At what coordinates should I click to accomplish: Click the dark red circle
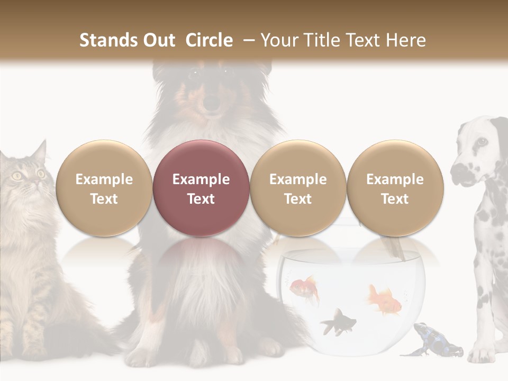pyautogui.click(x=201, y=188)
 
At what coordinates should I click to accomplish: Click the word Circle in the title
pyautogui.click(x=209, y=40)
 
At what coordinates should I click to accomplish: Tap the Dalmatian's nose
pyautogui.click(x=458, y=170)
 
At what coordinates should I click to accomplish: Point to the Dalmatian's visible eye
pyautogui.click(x=481, y=142)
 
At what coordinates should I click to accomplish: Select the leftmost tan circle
pyautogui.click(x=104, y=188)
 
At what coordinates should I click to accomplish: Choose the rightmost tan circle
pyautogui.click(x=395, y=188)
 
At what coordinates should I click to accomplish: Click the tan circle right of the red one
pyautogui.click(x=298, y=188)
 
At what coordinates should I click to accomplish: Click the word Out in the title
pyautogui.click(x=159, y=40)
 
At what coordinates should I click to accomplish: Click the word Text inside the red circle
pyautogui.click(x=201, y=199)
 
